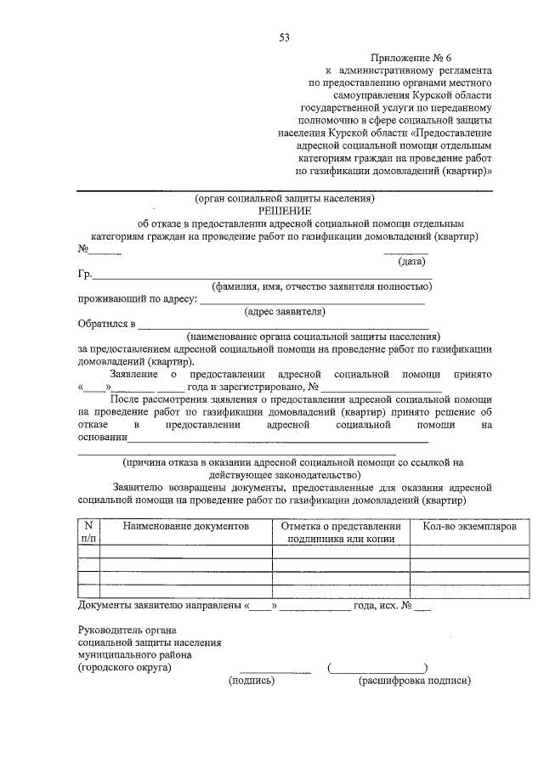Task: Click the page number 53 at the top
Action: [x=284, y=37]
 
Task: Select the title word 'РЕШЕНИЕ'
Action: [x=286, y=211]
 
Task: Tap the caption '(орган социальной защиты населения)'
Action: [x=284, y=198]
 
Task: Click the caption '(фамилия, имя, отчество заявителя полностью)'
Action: [x=322, y=287]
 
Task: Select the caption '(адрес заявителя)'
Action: [x=285, y=312]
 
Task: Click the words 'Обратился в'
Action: [x=106, y=324]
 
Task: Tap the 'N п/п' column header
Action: [x=88, y=533]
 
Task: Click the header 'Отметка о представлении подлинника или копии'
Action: [x=340, y=533]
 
